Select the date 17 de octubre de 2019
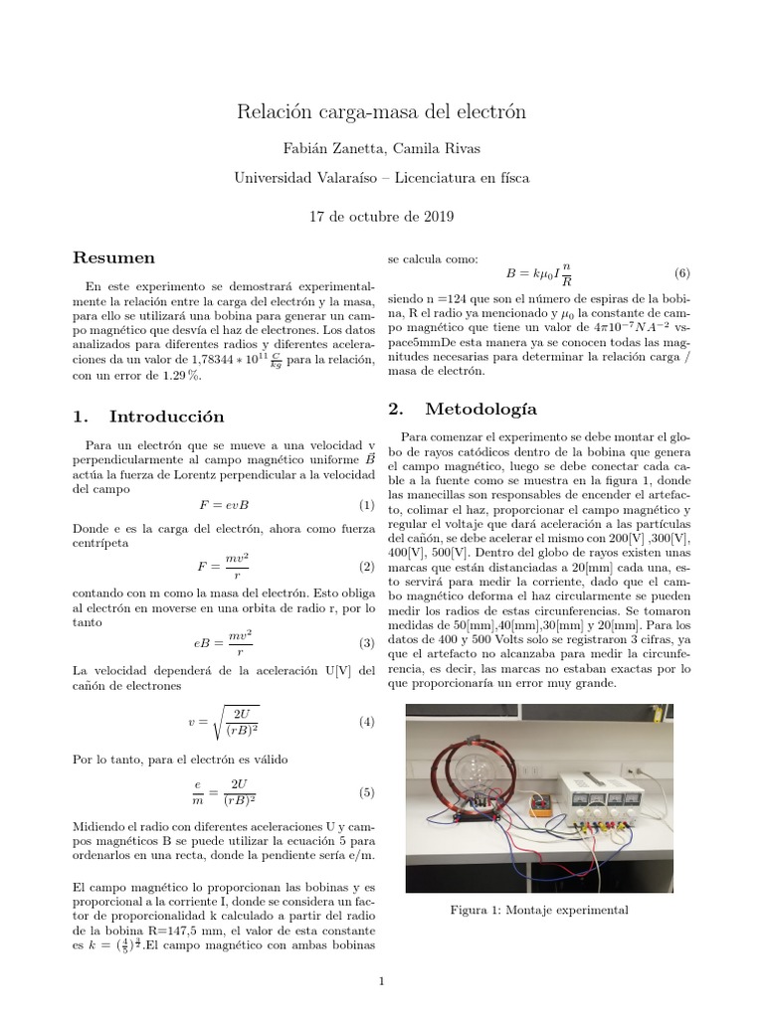[x=381, y=215]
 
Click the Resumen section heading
[x=114, y=257]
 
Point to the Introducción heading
[x=149, y=416]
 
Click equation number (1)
[x=365, y=505]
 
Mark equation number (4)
[x=365, y=721]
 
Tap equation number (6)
[x=681, y=272]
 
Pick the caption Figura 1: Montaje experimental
[x=539, y=910]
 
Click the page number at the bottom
[x=382, y=982]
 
